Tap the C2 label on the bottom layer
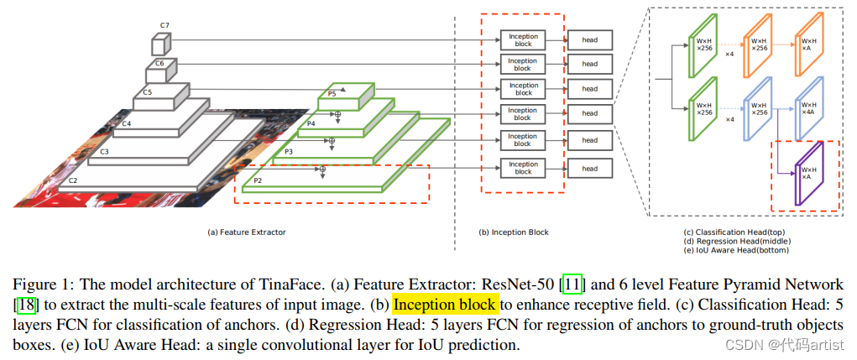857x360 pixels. click(x=73, y=180)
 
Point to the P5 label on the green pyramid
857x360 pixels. click(x=332, y=94)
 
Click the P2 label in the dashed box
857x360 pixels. click(x=258, y=180)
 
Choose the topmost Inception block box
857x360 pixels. click(x=523, y=39)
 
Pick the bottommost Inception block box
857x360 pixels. click(x=523, y=168)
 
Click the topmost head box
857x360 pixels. click(x=590, y=39)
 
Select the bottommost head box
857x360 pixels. click(x=590, y=168)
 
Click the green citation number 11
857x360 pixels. click(x=573, y=285)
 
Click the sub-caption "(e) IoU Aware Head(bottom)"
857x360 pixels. click(x=736, y=248)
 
